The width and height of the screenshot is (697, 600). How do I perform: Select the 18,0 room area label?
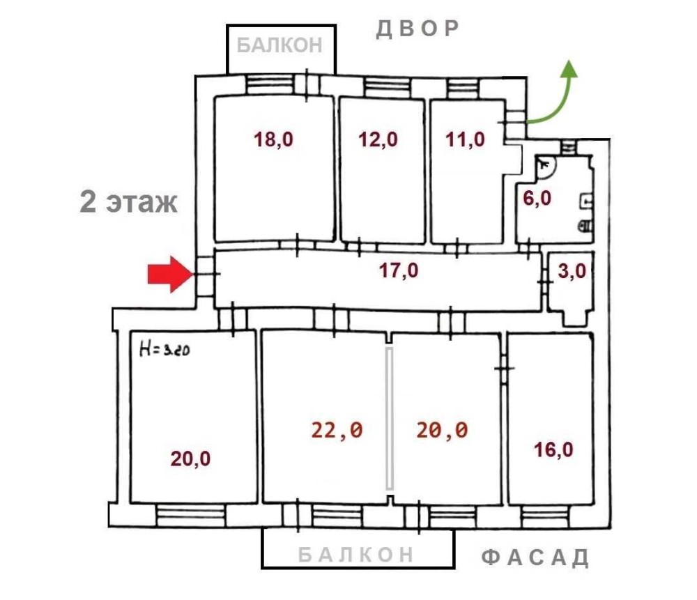(x=273, y=139)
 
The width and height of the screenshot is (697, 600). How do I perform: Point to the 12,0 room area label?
(x=378, y=139)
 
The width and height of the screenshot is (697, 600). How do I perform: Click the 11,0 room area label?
(x=465, y=139)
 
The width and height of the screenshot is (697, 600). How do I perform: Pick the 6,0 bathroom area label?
(x=537, y=198)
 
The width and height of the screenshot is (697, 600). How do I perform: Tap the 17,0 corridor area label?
(x=398, y=270)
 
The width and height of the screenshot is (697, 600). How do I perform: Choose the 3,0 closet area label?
(x=572, y=270)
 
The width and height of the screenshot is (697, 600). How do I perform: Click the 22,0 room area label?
(x=337, y=430)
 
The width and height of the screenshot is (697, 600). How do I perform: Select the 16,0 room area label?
(x=553, y=449)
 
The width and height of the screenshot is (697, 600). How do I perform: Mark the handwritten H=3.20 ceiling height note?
(x=164, y=348)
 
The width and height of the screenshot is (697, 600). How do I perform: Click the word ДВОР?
(x=417, y=29)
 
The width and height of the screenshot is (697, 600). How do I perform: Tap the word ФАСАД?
(x=535, y=557)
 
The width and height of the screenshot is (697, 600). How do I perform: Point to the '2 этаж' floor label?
(x=128, y=202)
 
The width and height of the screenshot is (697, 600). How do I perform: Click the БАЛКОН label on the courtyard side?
(x=279, y=45)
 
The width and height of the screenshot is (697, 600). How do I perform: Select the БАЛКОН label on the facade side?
(x=355, y=555)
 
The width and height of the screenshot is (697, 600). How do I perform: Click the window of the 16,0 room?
(x=546, y=516)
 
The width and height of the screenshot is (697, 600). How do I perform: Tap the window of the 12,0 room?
(x=387, y=86)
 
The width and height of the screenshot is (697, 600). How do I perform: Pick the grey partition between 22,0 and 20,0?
(x=390, y=419)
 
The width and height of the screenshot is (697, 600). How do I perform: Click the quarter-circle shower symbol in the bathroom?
(x=546, y=167)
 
